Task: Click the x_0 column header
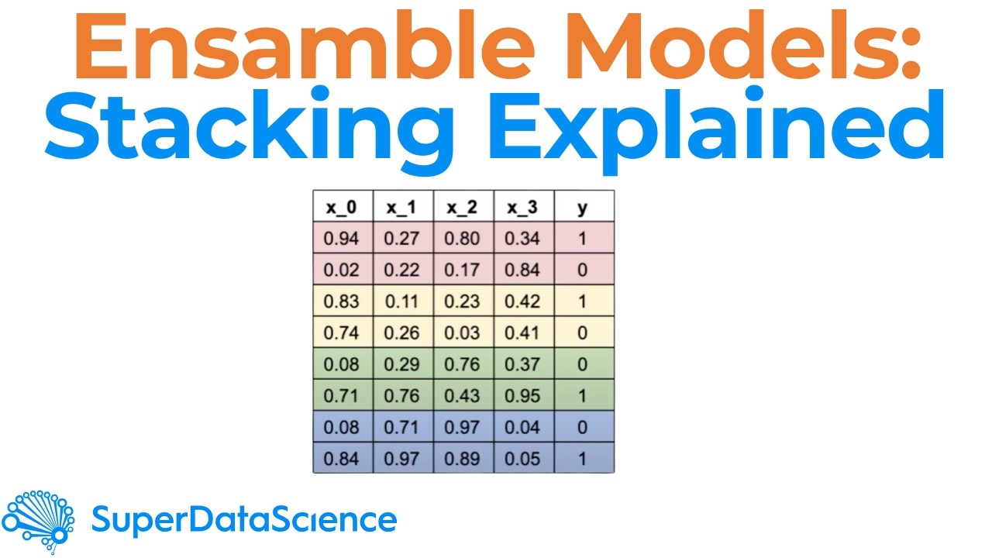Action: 342,207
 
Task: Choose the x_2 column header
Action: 463,207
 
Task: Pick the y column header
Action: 584,207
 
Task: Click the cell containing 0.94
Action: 342,238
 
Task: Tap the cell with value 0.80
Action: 463,238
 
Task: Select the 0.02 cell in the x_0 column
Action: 342,270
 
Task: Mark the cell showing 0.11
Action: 402,301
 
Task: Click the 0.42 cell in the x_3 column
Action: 523,301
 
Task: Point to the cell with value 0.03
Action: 463,332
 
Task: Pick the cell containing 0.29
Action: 402,364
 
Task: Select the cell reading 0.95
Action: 523,395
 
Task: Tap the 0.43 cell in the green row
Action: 463,395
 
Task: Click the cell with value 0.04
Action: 523,427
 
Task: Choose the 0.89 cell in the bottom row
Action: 463,458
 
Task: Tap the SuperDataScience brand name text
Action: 244,520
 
